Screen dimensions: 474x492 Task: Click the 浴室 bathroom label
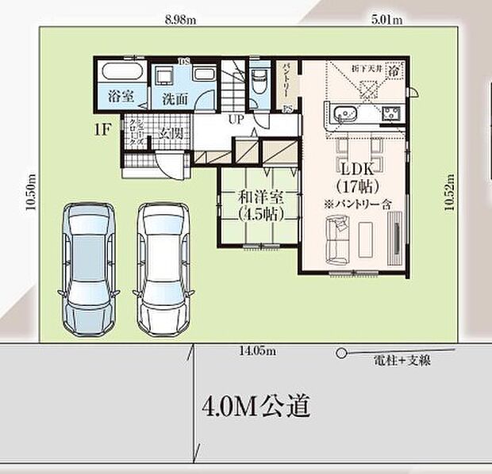[x=120, y=99]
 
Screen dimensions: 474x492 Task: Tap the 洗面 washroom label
[x=175, y=100]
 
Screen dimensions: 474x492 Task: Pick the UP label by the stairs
[x=236, y=118]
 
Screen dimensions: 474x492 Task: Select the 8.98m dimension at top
[x=179, y=20]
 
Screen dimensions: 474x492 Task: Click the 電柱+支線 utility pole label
[x=402, y=361]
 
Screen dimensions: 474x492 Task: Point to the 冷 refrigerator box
[x=394, y=70]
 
